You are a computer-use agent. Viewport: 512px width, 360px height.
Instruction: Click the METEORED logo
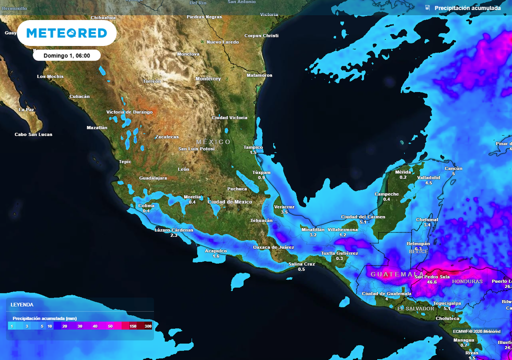66,33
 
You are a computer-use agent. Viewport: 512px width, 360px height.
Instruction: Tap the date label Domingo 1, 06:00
66,55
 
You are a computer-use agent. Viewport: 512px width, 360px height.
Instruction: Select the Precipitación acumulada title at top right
467,8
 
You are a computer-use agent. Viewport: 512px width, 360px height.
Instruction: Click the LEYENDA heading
22,304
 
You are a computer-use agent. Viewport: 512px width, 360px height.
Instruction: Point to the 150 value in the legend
133,326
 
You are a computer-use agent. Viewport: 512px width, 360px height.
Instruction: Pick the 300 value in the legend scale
148,326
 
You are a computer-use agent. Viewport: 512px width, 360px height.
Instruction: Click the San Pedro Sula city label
431,276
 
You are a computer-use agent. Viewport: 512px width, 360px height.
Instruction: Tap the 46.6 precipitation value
431,282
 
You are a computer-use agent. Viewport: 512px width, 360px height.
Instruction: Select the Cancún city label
453,168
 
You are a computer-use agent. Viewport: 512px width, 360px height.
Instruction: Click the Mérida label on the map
403,172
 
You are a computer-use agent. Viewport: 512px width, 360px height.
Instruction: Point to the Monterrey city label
208,79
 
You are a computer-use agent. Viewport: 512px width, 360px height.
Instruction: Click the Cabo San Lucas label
33,134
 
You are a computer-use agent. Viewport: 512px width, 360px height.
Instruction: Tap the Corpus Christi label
261,36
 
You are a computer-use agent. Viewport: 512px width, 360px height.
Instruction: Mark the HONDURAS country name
467,281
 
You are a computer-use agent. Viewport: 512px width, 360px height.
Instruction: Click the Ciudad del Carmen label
363,216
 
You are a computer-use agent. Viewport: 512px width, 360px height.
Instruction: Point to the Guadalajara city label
152,178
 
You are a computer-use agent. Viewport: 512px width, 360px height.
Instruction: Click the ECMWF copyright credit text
476,331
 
